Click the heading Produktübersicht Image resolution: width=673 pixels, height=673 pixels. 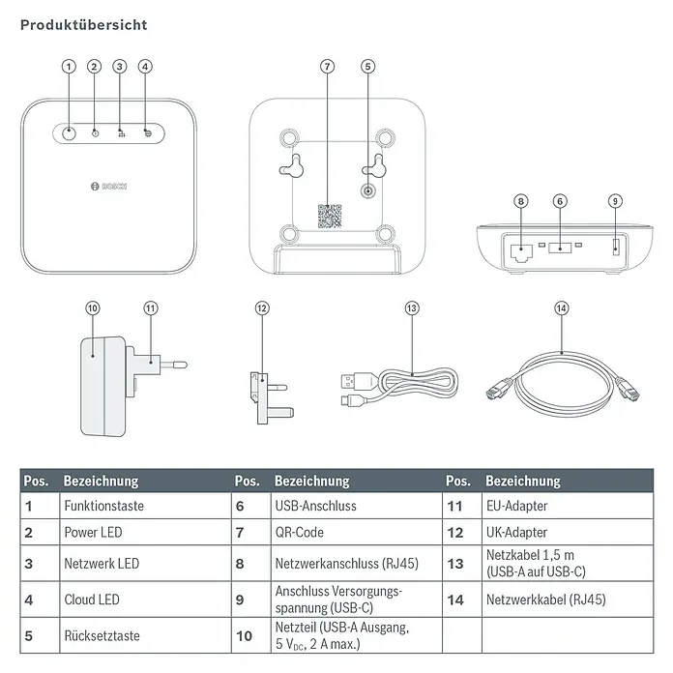pyautogui.click(x=84, y=24)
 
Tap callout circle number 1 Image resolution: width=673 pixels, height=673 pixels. pyautogui.click(x=69, y=67)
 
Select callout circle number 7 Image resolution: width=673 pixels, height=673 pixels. pyautogui.click(x=328, y=67)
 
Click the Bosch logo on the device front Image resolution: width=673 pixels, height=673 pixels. pyautogui.click(x=108, y=185)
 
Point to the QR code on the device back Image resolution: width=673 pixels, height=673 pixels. pyautogui.click(x=330, y=216)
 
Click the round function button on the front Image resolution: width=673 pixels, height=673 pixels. pyautogui.click(x=70, y=132)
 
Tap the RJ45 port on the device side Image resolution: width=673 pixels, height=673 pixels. pyautogui.click(x=519, y=250)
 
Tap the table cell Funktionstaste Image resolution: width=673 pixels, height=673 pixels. pyautogui.click(x=99, y=506)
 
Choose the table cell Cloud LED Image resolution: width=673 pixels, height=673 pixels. pyautogui.click(x=92, y=600)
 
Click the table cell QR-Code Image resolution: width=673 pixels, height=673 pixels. pyautogui.click(x=299, y=533)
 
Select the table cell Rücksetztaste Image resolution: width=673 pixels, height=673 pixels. pyautogui.click(x=102, y=635)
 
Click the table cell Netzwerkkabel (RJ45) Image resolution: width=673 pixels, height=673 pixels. pyautogui.click(x=545, y=600)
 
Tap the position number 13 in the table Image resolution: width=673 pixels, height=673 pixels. pyautogui.click(x=454, y=564)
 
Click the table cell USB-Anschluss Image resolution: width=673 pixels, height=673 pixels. pyautogui.click(x=315, y=506)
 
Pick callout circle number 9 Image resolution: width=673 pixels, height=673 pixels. pyautogui.click(x=616, y=201)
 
